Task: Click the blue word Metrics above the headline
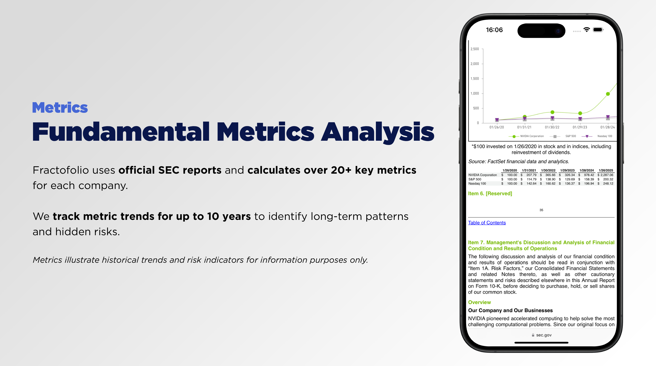pos(60,108)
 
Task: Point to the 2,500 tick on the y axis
pos(475,49)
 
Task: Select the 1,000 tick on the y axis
pos(475,93)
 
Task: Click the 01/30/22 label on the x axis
pos(552,127)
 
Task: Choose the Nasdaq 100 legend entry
pos(597,136)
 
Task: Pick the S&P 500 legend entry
pos(563,136)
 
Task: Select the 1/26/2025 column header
pos(606,170)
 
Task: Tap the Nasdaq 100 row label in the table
pos(477,184)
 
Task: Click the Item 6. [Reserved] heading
pos(490,193)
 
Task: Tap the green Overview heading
pos(479,302)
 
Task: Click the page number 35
pos(541,210)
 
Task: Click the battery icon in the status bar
pos(598,30)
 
